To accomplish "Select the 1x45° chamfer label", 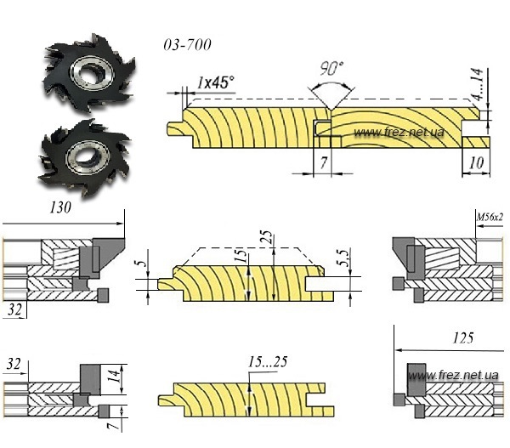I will (215, 82).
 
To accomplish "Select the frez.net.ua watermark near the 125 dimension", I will (462, 375).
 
